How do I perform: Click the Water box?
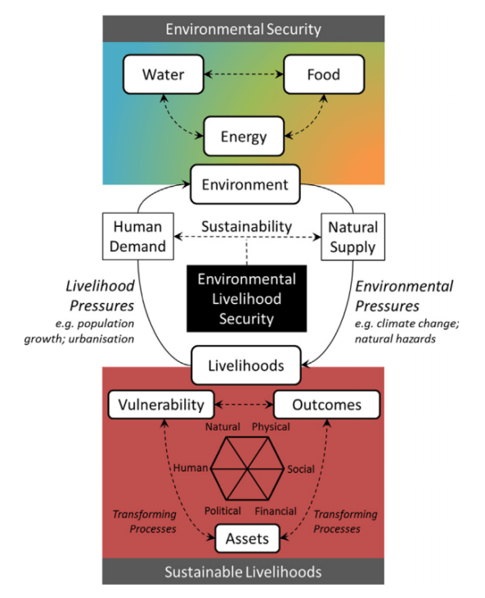pyautogui.click(x=163, y=75)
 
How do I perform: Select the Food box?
pyautogui.click(x=323, y=75)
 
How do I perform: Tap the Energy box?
pyautogui.click(x=243, y=134)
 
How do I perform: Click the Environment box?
pyautogui.click(x=243, y=184)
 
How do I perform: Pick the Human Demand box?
pyautogui.click(x=136, y=236)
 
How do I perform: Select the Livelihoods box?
pyautogui.click(x=243, y=365)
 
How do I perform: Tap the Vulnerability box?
pyautogui.click(x=161, y=405)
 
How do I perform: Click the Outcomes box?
pyautogui.click(x=328, y=405)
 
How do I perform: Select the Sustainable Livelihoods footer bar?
pyautogui.click(x=243, y=571)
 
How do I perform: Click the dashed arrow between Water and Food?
pyautogui.click(x=243, y=75)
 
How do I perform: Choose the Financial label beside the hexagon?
pyautogui.click(x=276, y=510)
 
